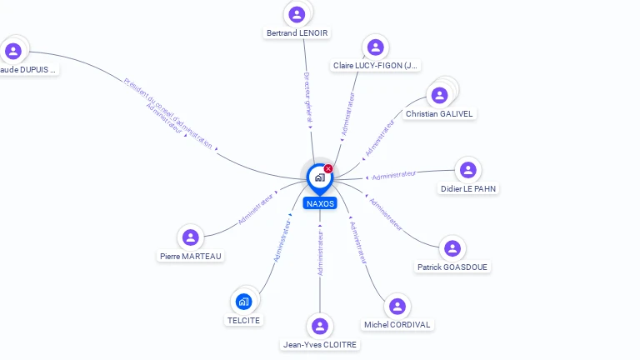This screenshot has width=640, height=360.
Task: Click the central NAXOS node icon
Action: (318, 177)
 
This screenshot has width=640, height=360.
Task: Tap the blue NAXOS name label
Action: (320, 203)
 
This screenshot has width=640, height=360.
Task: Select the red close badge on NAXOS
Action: (328, 168)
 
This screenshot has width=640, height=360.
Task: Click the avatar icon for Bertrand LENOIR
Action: (297, 14)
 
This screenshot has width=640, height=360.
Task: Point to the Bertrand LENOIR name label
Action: (297, 33)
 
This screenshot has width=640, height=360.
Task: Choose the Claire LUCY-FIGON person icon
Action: (375, 47)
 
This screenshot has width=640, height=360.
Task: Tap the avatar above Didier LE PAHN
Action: (468, 170)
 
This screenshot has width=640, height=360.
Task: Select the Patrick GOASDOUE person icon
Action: (452, 248)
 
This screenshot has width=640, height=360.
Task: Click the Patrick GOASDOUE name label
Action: (452, 267)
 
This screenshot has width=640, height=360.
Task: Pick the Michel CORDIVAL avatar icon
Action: (397, 306)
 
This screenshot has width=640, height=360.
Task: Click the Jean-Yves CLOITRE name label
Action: (319, 344)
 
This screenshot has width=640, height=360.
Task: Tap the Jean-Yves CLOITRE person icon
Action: (319, 326)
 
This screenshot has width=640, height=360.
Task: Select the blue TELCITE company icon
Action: (243, 301)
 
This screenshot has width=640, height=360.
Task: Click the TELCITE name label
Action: (243, 320)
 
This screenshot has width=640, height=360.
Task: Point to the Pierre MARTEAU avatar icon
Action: (191, 237)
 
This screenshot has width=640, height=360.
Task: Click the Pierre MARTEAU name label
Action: (191, 257)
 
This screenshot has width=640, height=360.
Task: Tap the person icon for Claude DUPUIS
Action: (13, 51)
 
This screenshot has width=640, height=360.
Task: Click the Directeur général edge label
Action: (307, 98)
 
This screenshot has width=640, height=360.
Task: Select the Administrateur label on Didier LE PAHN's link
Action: (393, 175)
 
